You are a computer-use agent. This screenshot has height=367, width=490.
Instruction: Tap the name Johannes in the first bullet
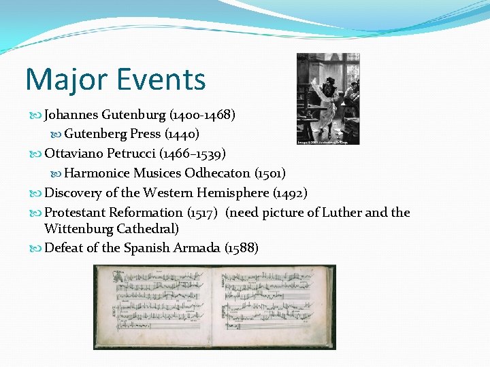coord(71,115)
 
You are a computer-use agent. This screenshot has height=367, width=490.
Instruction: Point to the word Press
coord(145,134)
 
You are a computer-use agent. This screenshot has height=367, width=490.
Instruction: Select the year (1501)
coord(270,173)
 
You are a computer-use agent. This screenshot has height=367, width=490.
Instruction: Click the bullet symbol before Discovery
coord(36,193)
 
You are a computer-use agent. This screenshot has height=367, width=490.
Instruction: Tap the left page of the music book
coord(154,305)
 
